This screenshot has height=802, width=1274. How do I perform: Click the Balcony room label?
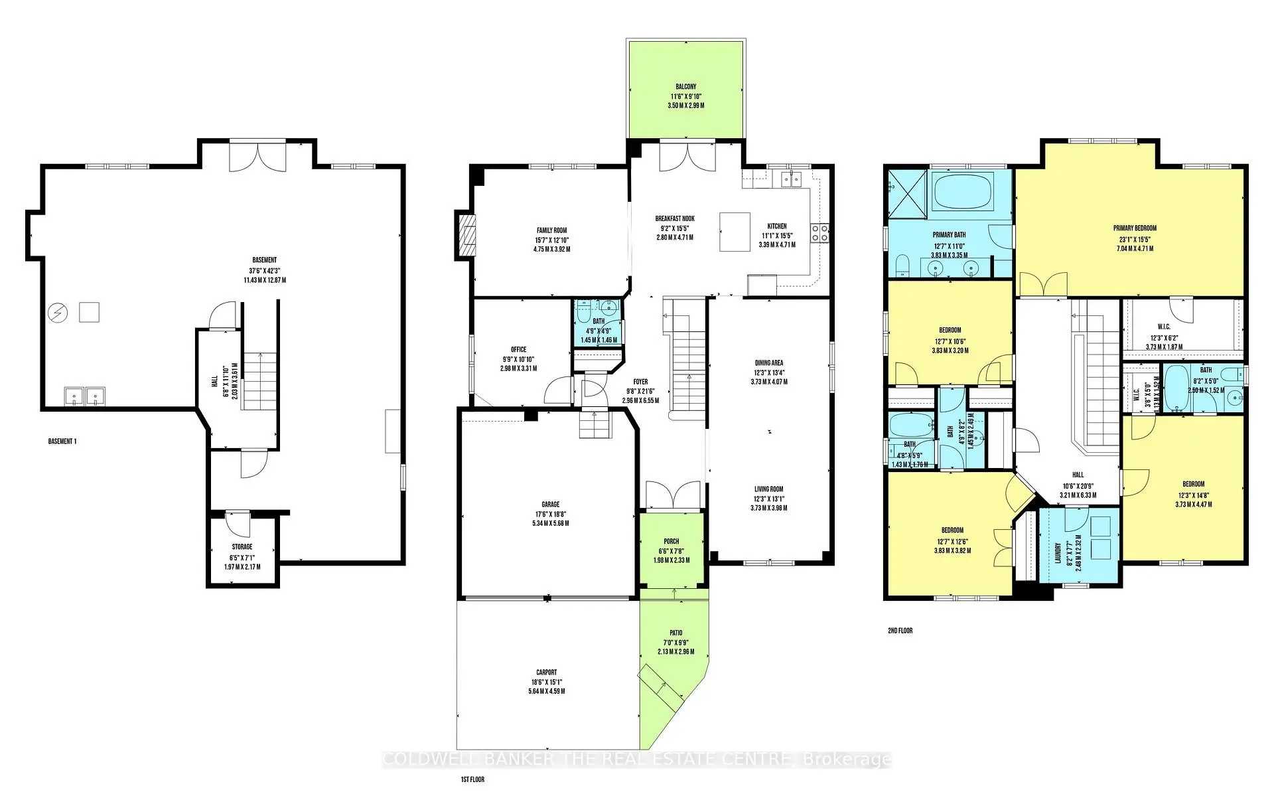point(686,87)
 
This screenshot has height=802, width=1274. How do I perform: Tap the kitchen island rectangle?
point(735,232)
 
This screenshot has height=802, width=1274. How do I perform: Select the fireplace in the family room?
point(466,234)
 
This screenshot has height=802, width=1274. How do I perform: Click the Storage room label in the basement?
point(242,547)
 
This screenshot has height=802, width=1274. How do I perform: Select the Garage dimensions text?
point(550,519)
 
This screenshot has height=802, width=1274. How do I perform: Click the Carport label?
point(547,673)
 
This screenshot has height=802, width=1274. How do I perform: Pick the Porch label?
point(672,542)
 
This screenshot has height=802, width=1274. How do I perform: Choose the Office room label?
point(518,350)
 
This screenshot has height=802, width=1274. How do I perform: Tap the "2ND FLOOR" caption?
point(900,631)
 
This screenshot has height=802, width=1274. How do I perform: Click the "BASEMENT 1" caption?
point(62,441)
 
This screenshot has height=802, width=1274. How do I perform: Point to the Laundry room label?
point(1058,552)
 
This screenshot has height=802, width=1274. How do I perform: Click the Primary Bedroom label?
point(1135,228)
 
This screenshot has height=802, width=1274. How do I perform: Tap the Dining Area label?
point(768,363)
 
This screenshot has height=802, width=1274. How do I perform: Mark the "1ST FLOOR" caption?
point(472,779)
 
